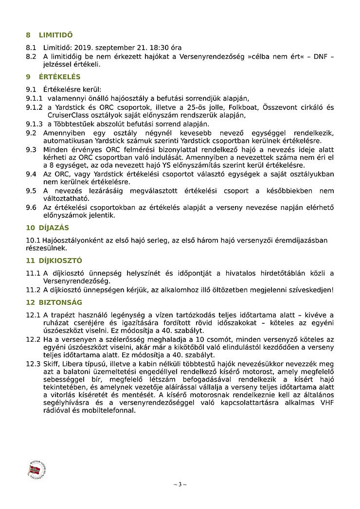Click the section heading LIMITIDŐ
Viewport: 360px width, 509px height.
tap(55, 35)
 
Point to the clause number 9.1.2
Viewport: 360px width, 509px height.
tap(34, 107)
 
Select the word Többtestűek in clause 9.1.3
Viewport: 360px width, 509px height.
tap(73, 124)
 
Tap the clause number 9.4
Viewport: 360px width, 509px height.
tap(31, 174)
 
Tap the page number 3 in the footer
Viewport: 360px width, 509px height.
tap(180, 484)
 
